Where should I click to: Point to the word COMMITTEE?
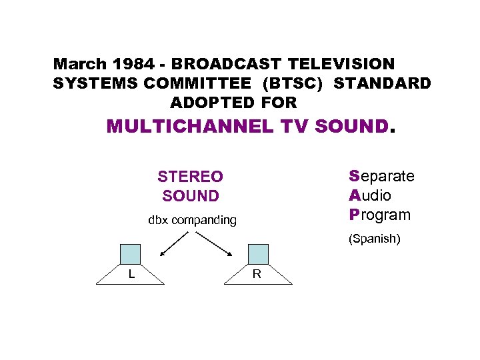click(201, 83)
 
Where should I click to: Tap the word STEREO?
click(190, 177)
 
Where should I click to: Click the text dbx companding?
click(192, 220)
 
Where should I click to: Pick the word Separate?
click(381, 176)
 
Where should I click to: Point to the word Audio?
click(370, 195)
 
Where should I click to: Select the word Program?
click(379, 215)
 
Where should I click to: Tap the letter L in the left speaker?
click(133, 273)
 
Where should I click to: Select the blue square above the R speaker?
click(258, 254)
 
